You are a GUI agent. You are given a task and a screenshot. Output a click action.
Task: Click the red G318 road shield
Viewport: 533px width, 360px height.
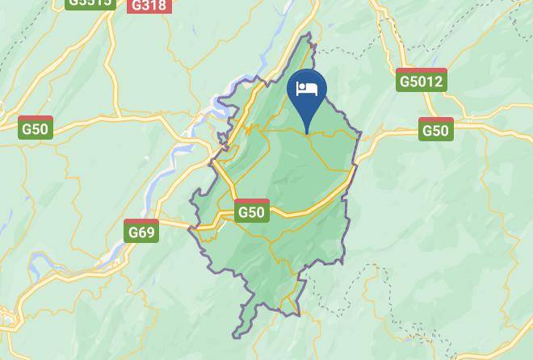click(x=148, y=6)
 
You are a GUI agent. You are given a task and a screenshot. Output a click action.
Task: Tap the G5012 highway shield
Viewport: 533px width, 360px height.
click(x=422, y=80)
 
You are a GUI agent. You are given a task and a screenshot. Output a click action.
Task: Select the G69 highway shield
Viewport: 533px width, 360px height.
click(x=141, y=232)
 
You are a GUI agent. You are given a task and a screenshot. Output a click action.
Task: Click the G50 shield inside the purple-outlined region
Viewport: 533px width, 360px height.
click(x=251, y=211)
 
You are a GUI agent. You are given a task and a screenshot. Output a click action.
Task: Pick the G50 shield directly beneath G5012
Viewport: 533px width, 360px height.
click(x=435, y=130)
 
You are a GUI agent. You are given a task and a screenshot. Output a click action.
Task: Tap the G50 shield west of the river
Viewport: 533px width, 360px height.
click(x=36, y=128)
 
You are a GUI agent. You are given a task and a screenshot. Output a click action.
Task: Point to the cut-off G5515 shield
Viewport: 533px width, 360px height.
click(x=89, y=3)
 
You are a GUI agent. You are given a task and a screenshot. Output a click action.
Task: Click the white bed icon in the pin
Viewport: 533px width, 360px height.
click(x=307, y=89)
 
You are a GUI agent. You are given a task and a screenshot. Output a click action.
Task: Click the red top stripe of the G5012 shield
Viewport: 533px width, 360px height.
click(x=422, y=70)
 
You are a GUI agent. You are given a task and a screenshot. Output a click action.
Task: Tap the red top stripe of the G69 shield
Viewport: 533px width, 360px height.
click(x=141, y=222)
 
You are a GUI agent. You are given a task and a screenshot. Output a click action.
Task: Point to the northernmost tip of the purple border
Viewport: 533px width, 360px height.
click(x=308, y=34)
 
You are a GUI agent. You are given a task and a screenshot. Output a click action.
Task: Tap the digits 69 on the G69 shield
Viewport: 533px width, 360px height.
click(x=145, y=233)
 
